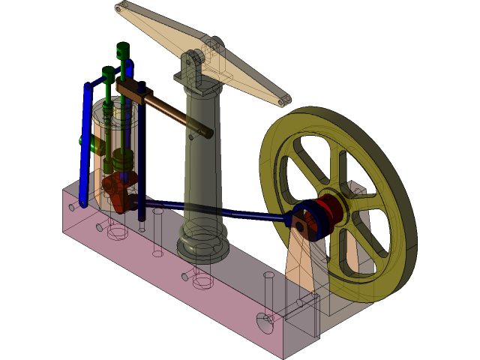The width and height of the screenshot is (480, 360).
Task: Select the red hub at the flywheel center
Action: [330, 210]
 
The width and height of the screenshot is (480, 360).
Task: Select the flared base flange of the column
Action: [202, 247]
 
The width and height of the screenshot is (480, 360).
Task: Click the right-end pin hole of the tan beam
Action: [282, 101]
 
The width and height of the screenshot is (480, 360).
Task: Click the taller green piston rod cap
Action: [123, 51]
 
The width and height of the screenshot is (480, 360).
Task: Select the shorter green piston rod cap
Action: [108, 73]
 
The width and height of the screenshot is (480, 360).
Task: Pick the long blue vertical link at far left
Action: [85, 150]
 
